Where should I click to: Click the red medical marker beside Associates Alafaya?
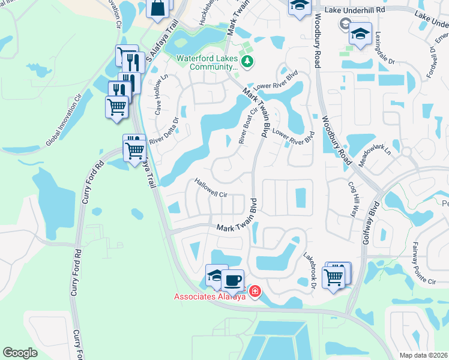255,292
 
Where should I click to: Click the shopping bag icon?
157,8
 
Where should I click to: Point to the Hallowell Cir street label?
210,187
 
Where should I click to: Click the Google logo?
20,353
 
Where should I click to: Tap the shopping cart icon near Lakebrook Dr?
334,277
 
